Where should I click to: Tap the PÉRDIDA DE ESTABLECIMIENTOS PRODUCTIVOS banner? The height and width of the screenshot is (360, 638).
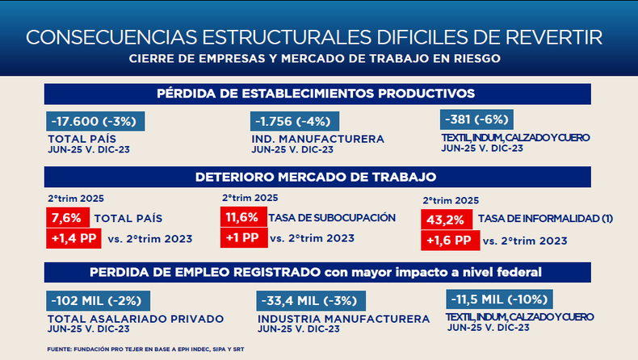click(315, 93)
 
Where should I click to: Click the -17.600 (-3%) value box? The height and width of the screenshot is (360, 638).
click(96, 122)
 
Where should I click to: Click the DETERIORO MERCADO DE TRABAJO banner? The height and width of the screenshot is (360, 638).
click(315, 177)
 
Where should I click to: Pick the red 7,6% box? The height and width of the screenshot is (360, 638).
click(66, 218)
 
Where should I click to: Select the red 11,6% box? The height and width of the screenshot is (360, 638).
click(241, 217)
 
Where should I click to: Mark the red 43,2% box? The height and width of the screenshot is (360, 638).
click(445, 220)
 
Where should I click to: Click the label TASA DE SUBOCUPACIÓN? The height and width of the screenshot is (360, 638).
click(332, 217)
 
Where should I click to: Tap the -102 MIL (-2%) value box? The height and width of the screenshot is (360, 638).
click(96, 301)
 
